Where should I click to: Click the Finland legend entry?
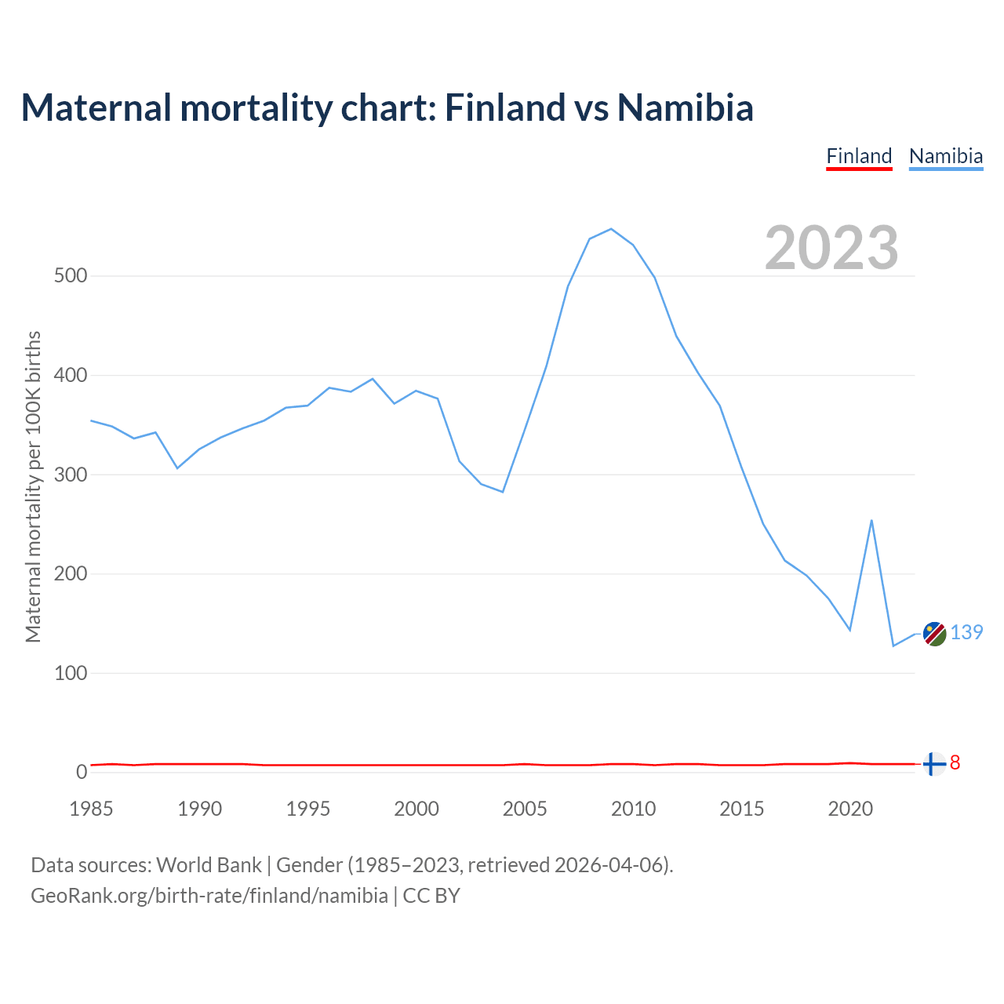point(859,156)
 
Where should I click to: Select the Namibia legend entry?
point(945,156)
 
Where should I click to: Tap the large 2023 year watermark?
point(831,248)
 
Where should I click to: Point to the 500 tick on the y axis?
point(71,276)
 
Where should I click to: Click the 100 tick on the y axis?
point(71,673)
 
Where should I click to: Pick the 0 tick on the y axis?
point(82,772)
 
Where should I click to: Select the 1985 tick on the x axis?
point(91,809)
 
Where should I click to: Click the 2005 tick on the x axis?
point(525,809)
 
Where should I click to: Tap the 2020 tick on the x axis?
point(850,809)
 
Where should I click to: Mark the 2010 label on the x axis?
point(633,809)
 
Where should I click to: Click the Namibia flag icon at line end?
point(933,634)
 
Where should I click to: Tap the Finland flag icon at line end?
point(933,763)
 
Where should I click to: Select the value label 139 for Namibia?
point(966,632)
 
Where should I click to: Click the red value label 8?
point(955,762)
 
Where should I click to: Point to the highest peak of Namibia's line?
point(611,229)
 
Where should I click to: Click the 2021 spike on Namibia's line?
point(871,520)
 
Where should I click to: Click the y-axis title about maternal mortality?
point(33,486)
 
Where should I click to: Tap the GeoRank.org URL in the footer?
point(209,896)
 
